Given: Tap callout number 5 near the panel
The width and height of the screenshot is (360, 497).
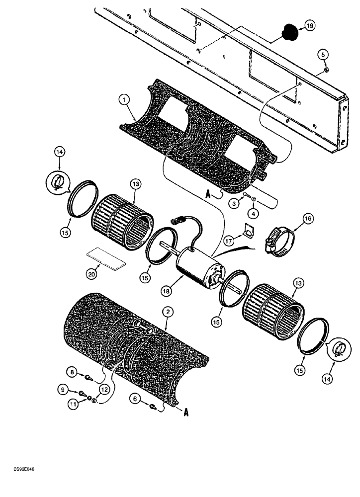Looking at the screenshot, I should pos(323,55).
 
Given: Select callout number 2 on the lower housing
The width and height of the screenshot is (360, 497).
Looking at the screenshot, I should pos(169,312).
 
